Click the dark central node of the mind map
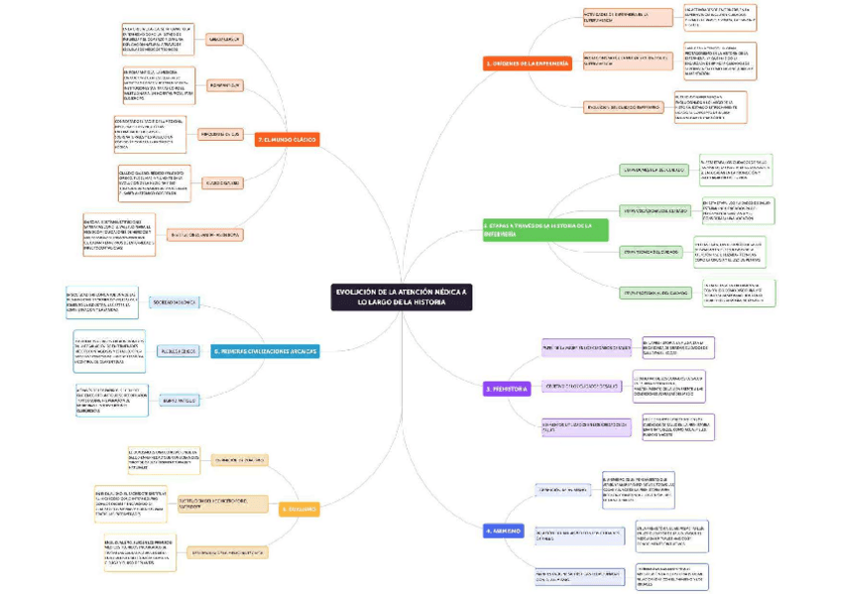coord(401,297)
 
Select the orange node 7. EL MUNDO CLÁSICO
coord(288,140)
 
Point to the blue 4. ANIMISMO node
coord(504,531)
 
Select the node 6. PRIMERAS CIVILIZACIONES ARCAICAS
coord(265,351)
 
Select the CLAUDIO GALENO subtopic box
coord(223,182)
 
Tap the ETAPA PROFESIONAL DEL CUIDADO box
coord(655,293)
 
